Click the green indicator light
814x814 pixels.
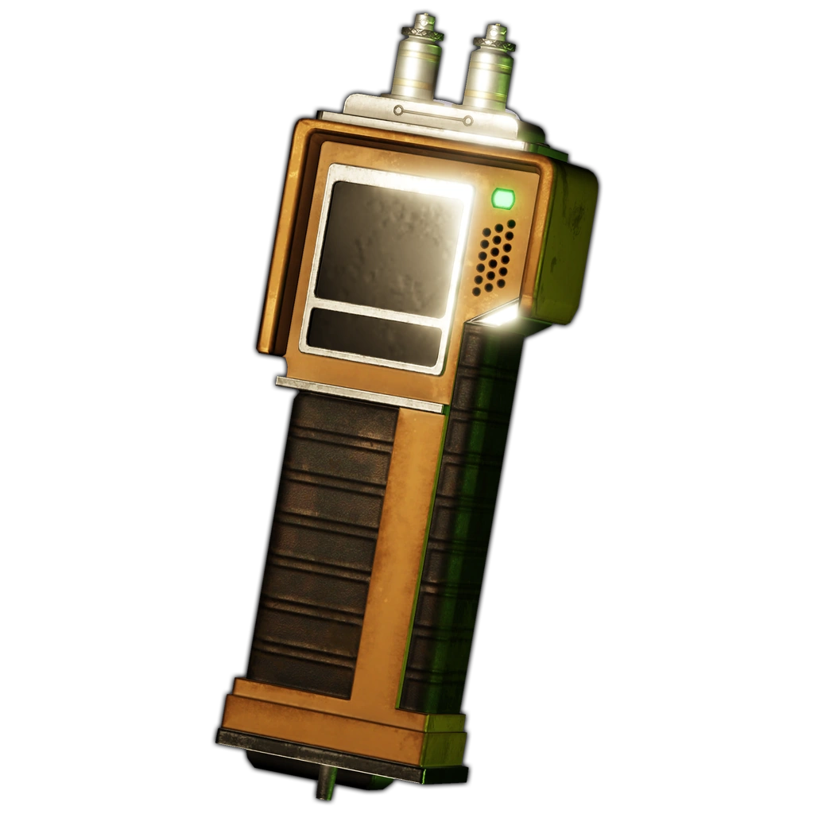(x=502, y=198)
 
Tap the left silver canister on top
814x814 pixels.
(x=415, y=71)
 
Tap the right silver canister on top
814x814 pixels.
(x=488, y=76)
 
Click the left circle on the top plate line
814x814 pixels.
(x=397, y=110)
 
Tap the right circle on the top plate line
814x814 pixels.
(x=468, y=121)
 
